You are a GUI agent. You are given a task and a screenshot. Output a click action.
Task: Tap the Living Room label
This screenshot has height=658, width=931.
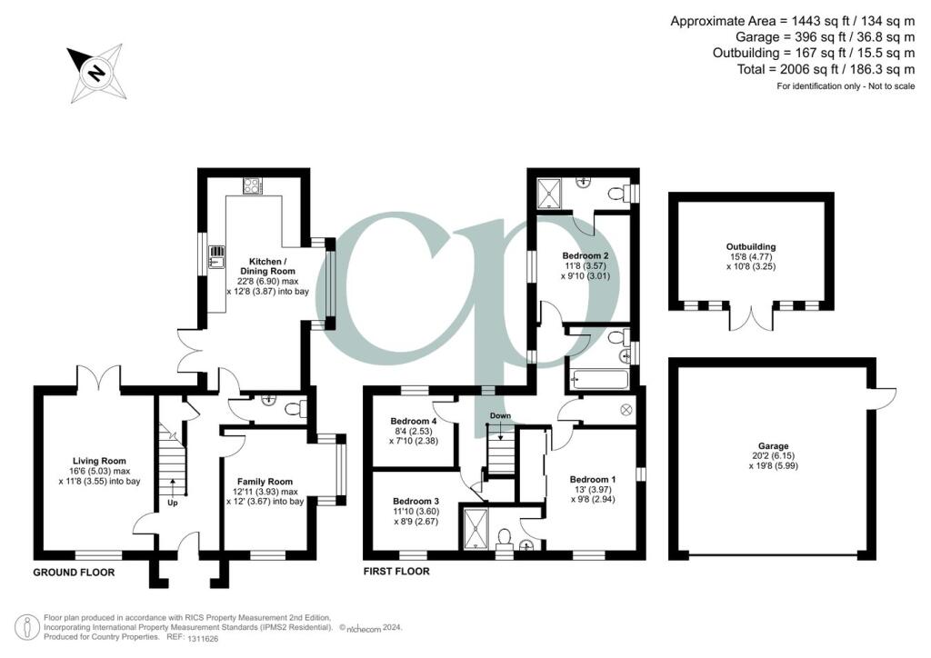(100, 461)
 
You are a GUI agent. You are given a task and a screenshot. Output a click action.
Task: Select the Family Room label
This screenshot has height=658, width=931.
(265, 482)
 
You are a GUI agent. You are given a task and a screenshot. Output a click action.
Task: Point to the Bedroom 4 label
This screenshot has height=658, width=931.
(414, 422)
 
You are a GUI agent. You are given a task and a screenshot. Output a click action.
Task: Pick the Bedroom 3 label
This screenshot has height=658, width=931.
(415, 501)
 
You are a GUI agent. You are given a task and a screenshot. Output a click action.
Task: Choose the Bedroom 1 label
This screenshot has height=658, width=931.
(593, 479)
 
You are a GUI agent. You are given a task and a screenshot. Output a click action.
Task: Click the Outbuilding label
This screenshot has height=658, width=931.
(750, 246)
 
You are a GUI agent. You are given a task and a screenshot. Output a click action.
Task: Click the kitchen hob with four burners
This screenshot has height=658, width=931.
(252, 186)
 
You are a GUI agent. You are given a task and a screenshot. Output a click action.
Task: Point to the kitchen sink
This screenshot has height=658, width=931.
(216, 257)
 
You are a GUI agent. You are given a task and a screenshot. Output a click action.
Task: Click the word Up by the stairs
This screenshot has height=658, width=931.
(172, 501)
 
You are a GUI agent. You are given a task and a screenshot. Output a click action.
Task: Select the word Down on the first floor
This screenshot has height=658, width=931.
(500, 416)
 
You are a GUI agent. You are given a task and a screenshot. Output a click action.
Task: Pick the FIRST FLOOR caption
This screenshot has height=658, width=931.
(396, 572)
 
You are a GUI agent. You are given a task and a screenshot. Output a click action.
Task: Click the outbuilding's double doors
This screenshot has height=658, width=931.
(752, 319)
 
